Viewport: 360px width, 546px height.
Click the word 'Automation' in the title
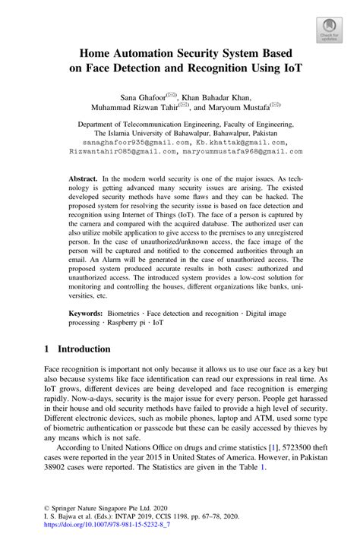(155, 55)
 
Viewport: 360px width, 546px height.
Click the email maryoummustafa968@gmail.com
(243, 151)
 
